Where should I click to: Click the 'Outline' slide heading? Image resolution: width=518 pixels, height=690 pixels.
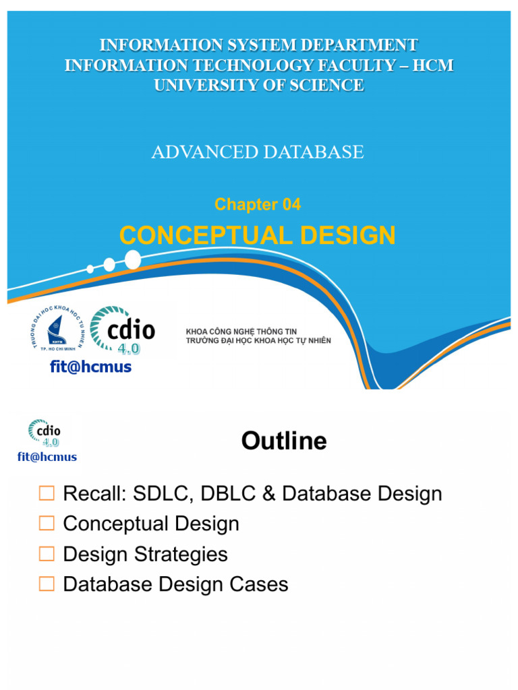284,441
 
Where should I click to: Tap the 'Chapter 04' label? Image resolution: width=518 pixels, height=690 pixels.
258,205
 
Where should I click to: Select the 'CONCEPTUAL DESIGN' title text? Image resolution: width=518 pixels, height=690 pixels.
258,236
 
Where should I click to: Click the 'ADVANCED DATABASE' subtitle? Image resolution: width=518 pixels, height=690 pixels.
258,152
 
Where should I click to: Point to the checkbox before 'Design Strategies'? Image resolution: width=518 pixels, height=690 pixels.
47,555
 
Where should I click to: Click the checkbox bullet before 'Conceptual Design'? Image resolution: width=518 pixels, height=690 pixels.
47,524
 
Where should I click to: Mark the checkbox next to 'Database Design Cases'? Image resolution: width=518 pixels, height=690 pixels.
47,584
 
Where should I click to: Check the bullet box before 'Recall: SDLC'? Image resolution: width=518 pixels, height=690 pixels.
47,494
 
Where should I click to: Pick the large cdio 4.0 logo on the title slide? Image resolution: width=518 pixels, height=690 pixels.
123,330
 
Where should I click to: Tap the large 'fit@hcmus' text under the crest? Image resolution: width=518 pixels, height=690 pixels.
90,367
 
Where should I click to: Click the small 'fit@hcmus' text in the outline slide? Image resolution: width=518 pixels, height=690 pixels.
47,457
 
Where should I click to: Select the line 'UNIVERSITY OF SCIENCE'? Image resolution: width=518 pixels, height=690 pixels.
259,86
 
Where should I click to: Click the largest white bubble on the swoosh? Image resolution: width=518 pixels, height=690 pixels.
133,259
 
